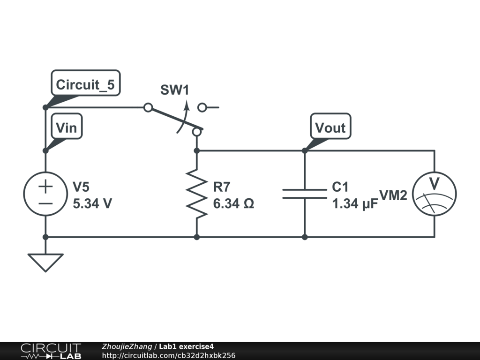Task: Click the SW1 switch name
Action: (175, 90)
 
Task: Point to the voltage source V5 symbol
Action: (45, 194)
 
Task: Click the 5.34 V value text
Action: (92, 203)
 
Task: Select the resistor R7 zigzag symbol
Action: (197, 194)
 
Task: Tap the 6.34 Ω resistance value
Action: (233, 203)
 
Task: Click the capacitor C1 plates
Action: (305, 194)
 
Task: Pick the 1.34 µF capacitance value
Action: (355, 204)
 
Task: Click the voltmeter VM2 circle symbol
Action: (435, 194)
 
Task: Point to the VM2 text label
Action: (393, 195)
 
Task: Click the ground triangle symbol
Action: (45, 262)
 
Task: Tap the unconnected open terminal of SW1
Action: (202, 107)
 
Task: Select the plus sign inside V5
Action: (45, 186)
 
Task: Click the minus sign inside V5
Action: (45, 203)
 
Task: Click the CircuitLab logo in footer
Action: (51, 351)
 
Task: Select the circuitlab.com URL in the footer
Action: (169, 355)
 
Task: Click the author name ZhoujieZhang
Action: (127, 346)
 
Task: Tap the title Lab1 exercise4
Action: (186, 346)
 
